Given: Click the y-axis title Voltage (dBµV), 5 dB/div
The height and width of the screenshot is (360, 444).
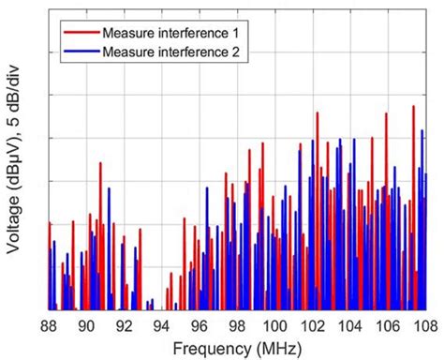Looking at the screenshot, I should (16, 178).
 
